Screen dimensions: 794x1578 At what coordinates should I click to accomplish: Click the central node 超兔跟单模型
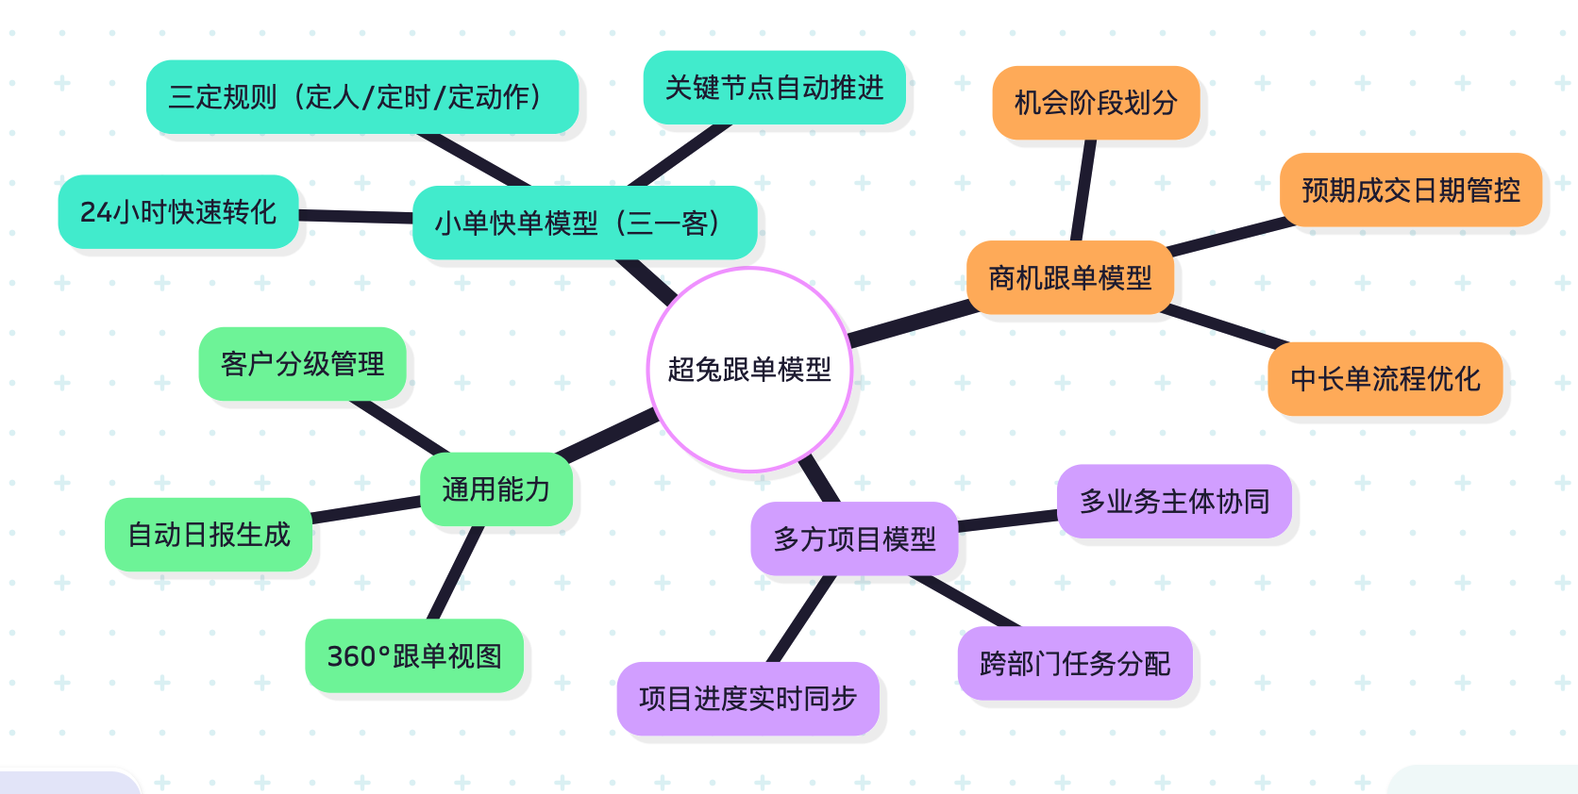(x=749, y=370)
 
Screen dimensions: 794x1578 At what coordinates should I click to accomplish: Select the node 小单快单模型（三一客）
(x=584, y=223)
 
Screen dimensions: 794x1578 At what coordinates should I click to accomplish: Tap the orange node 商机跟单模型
(x=1070, y=277)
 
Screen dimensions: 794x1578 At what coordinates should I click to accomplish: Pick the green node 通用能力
(x=496, y=489)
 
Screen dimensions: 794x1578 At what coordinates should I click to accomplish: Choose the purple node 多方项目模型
(x=854, y=538)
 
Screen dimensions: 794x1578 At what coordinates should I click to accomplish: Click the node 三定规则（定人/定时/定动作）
(x=362, y=97)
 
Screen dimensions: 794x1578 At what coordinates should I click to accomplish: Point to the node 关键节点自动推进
(x=774, y=88)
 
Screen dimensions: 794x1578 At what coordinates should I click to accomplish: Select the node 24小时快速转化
(x=178, y=212)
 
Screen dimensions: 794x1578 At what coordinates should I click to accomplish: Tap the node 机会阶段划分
(x=1096, y=103)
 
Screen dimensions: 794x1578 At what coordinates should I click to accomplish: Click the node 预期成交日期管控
(x=1411, y=190)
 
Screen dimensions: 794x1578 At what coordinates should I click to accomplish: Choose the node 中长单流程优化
(x=1385, y=379)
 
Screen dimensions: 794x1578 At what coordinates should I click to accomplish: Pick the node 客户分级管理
(x=302, y=364)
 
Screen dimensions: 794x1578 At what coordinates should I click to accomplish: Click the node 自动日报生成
(x=209, y=535)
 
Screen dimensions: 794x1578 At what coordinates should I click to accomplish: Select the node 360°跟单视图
(x=414, y=655)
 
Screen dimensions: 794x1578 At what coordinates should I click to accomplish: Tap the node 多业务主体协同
(x=1174, y=502)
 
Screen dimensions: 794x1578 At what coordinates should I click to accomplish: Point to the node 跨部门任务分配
(x=1075, y=664)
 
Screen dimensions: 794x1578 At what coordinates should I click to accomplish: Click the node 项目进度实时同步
(x=747, y=699)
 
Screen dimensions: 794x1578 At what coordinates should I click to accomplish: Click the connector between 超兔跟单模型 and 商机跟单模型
(x=911, y=323)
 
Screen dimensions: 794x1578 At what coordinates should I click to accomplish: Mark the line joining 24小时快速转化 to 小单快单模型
(x=356, y=217)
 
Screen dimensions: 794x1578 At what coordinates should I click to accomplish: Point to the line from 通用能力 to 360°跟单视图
(x=456, y=572)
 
